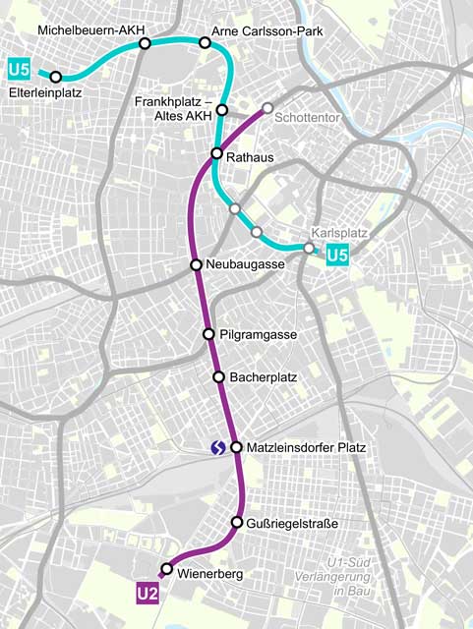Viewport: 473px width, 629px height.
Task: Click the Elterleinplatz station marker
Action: [56, 77]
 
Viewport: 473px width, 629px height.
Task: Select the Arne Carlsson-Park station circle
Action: [206, 42]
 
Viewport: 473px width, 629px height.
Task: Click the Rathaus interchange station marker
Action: [218, 153]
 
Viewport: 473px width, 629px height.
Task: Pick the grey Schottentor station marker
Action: [267, 108]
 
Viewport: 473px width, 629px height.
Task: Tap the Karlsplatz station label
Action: [339, 234]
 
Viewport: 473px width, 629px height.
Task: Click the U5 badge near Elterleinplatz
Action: [18, 69]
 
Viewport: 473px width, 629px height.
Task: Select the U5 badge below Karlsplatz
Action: [337, 257]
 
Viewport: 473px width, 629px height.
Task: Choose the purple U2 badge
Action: [148, 594]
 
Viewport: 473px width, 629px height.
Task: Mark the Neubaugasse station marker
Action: [197, 265]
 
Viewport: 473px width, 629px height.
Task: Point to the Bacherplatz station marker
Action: [218, 376]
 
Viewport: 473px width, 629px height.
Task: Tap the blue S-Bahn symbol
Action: [217, 448]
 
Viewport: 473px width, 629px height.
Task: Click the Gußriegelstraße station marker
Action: [237, 522]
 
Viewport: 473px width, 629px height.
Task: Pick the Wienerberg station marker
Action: [166, 569]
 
